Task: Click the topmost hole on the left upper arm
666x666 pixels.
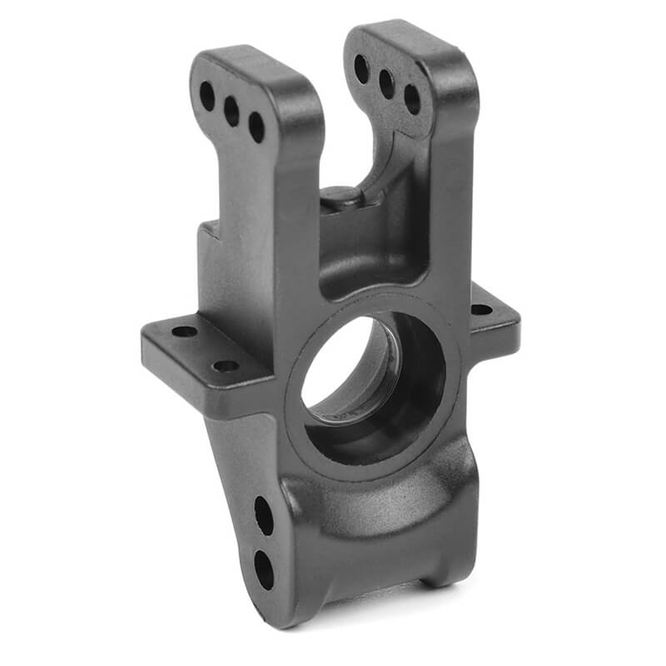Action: coord(206,96)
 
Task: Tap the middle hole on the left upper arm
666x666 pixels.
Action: coord(231,112)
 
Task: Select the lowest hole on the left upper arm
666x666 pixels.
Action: coord(256,127)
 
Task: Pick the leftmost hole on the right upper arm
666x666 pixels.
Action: coord(361,68)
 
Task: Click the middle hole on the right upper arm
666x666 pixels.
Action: coord(386,84)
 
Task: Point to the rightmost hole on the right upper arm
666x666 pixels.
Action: coord(412,99)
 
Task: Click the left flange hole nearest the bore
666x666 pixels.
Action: coord(225,365)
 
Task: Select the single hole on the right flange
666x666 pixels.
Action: coord(481,310)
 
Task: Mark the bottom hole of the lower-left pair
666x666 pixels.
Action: coord(263,569)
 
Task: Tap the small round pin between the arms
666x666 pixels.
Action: coord(341,197)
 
